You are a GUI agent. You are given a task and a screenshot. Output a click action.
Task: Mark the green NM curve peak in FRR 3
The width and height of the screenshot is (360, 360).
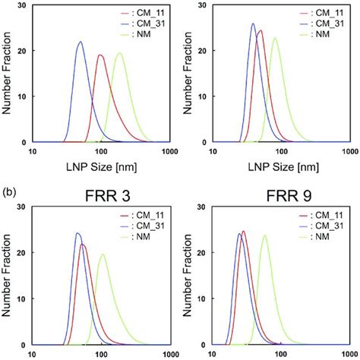tap(102, 254)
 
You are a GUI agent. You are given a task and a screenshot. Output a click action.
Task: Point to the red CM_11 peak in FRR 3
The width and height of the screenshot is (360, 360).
tap(83, 245)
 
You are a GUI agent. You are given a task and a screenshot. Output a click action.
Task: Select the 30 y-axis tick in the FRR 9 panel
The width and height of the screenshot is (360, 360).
tap(201, 207)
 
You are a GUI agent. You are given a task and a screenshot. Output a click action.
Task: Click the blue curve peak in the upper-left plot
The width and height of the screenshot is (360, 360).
tap(80, 42)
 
